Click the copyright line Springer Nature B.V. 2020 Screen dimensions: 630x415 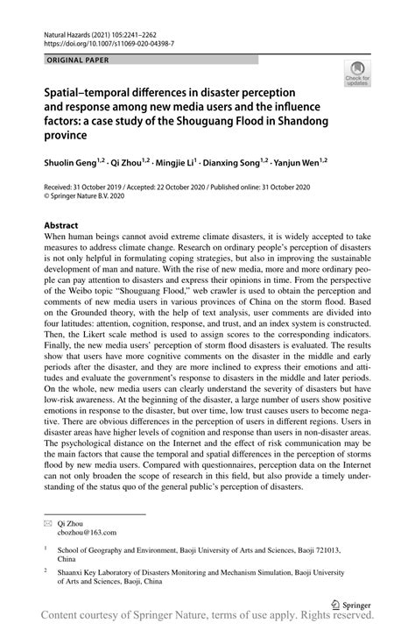[91, 198]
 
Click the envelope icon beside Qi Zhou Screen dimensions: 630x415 [49, 521]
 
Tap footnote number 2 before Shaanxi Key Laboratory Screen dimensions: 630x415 [46, 568]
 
